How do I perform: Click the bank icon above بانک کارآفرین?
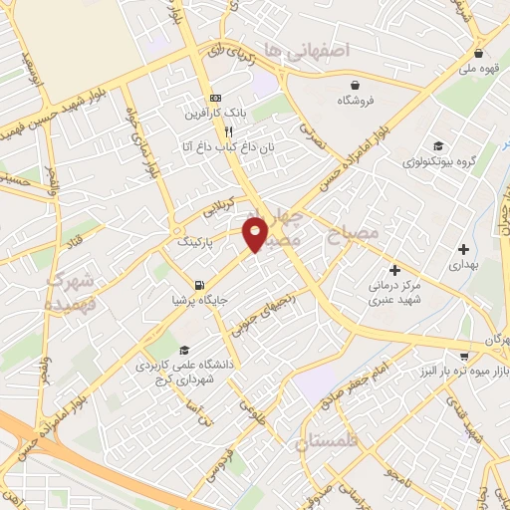(x=215, y=99)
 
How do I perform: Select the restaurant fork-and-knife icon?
(x=229, y=130)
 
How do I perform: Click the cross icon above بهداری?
(x=463, y=249)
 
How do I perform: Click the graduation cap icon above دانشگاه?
(x=185, y=350)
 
